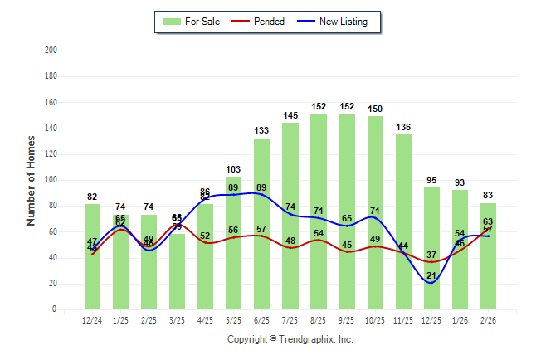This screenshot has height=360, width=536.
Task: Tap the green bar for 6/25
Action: click(262, 224)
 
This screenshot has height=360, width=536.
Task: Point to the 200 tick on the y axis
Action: click(51, 51)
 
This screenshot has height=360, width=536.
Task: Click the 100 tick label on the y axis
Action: click(51, 180)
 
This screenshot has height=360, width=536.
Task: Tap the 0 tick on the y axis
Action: click(54, 309)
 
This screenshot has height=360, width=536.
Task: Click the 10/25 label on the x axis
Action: click(375, 320)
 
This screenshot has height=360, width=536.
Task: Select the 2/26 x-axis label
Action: click(488, 320)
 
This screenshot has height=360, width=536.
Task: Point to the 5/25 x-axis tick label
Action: click(233, 320)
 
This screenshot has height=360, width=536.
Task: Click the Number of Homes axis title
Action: click(31, 180)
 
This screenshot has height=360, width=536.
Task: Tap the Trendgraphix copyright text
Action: click(290, 339)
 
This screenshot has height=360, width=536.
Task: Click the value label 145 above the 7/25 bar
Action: click(290, 115)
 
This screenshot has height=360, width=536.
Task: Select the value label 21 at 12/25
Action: click(431, 275)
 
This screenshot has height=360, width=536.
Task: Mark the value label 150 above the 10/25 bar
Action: click(375, 109)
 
